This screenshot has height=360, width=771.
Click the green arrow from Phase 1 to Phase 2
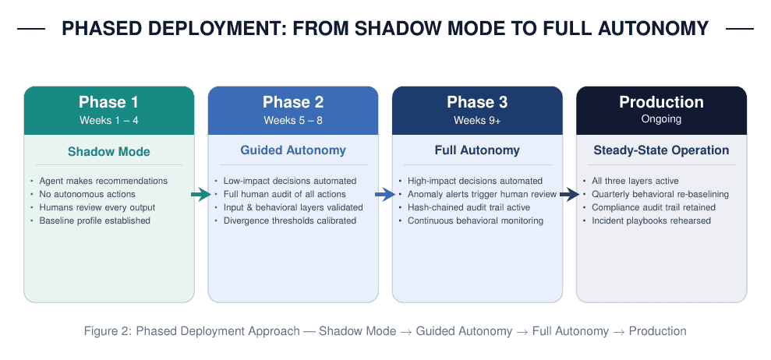[x=201, y=195]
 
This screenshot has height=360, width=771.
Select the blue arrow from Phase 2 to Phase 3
[x=385, y=195]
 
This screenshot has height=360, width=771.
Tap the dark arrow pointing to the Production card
[x=569, y=195]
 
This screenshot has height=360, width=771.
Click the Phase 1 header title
[x=108, y=102]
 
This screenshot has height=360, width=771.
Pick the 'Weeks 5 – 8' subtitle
[x=293, y=121]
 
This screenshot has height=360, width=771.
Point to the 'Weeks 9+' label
[x=477, y=121]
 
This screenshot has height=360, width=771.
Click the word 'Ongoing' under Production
[x=661, y=119]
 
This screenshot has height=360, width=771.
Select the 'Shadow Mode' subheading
[x=108, y=151]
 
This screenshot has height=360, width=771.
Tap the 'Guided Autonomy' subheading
[x=293, y=150]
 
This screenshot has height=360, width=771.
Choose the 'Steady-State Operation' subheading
[x=661, y=150]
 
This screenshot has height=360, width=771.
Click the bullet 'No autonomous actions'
[x=87, y=194]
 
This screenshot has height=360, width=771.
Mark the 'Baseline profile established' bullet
[x=94, y=221]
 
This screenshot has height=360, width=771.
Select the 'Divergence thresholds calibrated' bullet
[x=290, y=221]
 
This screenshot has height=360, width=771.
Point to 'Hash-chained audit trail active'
[x=469, y=207]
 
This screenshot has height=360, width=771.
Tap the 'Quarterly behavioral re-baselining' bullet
[x=660, y=194]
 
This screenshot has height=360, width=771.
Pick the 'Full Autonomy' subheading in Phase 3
[x=477, y=150]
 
